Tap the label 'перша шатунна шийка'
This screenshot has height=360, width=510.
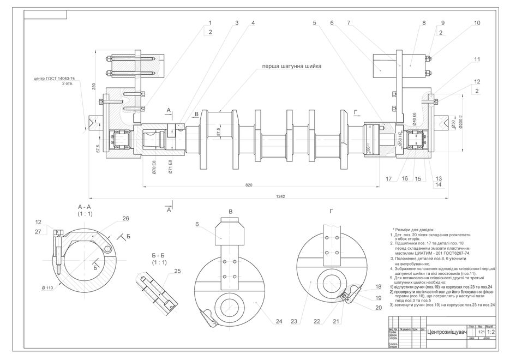pyautogui.click(x=291, y=66)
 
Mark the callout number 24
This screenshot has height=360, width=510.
pyautogui.click(x=279, y=322)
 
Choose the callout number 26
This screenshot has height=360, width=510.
pyautogui.click(x=126, y=219)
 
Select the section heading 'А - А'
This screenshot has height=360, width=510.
pyautogui.click(x=87, y=207)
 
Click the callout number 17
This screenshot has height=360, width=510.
pyautogui.click(x=389, y=178)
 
